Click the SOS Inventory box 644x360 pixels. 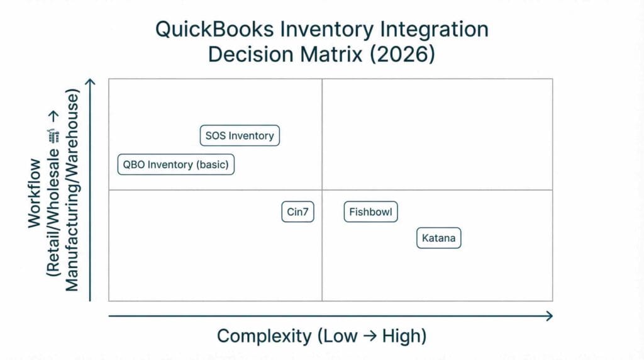click(x=240, y=135)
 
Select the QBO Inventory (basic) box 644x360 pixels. click(x=175, y=165)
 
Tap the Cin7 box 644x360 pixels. click(x=297, y=212)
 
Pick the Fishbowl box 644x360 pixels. click(x=371, y=212)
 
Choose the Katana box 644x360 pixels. click(x=439, y=239)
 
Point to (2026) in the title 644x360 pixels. click(x=402, y=53)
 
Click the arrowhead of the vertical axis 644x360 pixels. click(x=91, y=84)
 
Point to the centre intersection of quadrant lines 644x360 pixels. click(x=322, y=189)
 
